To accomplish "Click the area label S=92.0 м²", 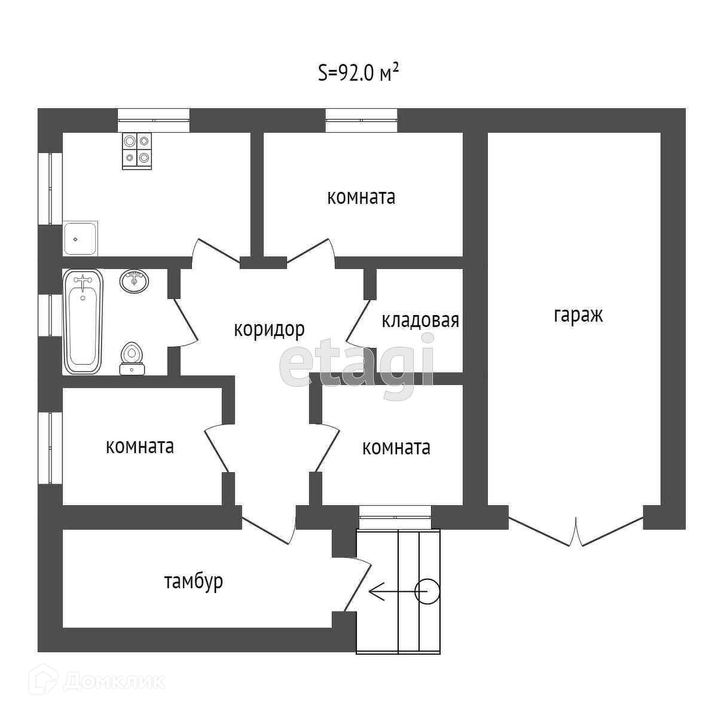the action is (x=357, y=73).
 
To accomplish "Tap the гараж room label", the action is (x=578, y=315).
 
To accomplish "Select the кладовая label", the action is (x=420, y=320).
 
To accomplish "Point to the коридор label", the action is (x=269, y=329).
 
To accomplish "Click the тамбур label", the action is (x=194, y=580).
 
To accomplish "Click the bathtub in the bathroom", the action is (x=82, y=321).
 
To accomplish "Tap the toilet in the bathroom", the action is (x=132, y=359).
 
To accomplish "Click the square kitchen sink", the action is (x=81, y=239).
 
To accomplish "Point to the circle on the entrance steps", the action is (x=427, y=592).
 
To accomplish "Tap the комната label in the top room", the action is (x=361, y=197).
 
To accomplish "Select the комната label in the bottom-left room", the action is (x=140, y=447).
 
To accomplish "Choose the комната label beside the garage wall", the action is (x=396, y=447).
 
